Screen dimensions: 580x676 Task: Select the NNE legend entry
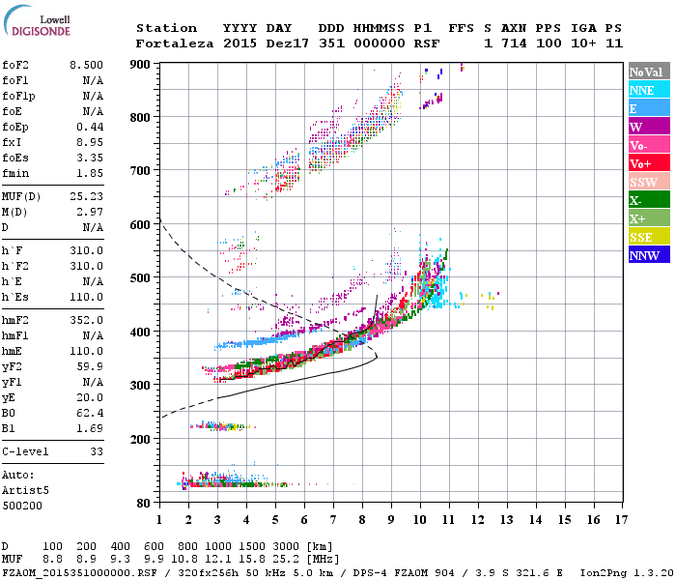(x=650, y=90)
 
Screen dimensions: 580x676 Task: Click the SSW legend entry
(x=650, y=182)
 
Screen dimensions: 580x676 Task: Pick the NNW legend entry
(x=650, y=255)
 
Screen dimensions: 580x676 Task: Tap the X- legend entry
(x=650, y=200)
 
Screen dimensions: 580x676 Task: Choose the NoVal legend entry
(x=650, y=72)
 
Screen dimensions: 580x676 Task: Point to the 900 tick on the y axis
(x=140, y=65)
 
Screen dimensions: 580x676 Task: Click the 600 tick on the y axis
(x=140, y=225)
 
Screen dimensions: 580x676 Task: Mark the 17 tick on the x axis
(x=623, y=520)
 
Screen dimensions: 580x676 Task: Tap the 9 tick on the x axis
(x=391, y=520)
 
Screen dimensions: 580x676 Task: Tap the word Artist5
(x=25, y=490)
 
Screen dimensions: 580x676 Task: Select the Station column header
(x=166, y=28)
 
